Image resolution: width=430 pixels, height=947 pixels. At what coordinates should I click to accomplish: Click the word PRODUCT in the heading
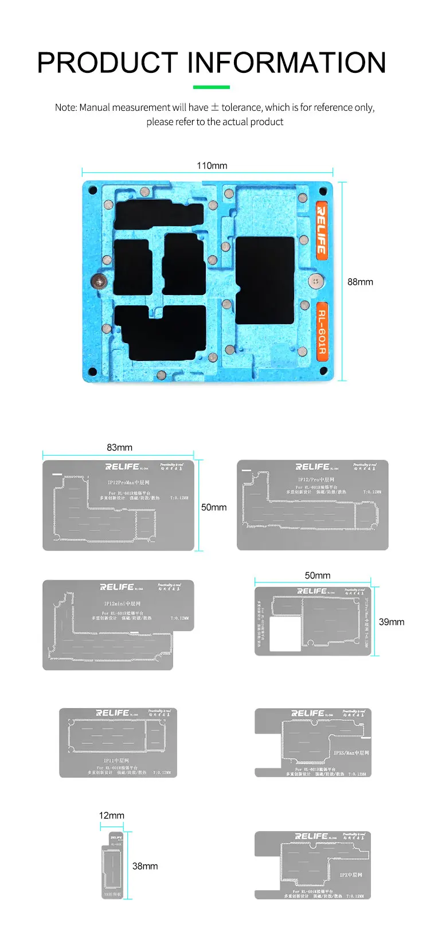[108, 63]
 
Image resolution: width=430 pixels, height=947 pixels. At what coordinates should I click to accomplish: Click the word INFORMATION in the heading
[287, 63]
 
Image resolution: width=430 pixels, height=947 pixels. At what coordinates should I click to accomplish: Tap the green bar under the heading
[212, 87]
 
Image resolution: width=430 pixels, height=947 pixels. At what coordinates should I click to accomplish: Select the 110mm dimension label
[212, 166]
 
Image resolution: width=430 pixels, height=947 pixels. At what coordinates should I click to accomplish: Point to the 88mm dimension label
[360, 282]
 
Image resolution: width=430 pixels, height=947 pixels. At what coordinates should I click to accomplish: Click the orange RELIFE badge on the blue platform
[322, 230]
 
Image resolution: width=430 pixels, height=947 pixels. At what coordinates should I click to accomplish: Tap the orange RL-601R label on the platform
[322, 331]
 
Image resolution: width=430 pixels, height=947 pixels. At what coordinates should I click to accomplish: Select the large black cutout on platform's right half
[265, 280]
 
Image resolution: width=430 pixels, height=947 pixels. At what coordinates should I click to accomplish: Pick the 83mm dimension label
[119, 448]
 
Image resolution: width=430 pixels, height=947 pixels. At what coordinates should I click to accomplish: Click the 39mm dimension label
[392, 622]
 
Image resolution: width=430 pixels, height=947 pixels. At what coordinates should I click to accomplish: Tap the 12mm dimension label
[111, 816]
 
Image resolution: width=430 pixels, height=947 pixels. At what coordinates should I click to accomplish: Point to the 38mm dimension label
[144, 866]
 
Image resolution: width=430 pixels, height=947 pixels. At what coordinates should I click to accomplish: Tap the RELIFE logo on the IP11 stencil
[112, 713]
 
